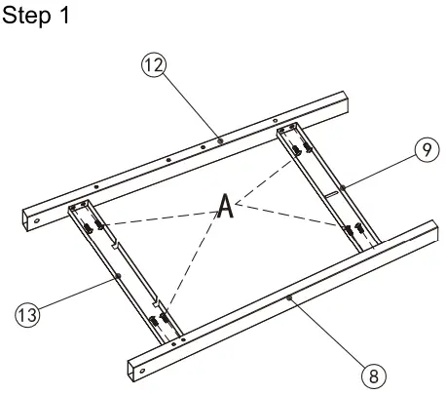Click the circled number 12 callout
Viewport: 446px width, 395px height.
click(154, 65)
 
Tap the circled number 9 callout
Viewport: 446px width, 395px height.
click(427, 149)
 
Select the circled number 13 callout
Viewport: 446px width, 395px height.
click(28, 315)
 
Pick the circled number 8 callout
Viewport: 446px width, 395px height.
click(374, 376)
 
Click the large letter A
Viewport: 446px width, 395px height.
click(226, 206)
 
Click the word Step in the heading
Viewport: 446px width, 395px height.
click(26, 16)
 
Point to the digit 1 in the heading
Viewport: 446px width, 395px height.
click(65, 15)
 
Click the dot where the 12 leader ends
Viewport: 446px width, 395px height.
click(220, 140)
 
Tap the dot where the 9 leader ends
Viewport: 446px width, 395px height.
click(343, 187)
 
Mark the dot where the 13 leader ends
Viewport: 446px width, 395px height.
click(119, 276)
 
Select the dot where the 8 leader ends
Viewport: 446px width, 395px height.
click(289, 297)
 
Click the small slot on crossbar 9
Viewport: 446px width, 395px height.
click(332, 194)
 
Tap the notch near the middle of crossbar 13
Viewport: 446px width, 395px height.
click(116, 245)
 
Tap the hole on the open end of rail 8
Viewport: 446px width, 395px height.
click(142, 371)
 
